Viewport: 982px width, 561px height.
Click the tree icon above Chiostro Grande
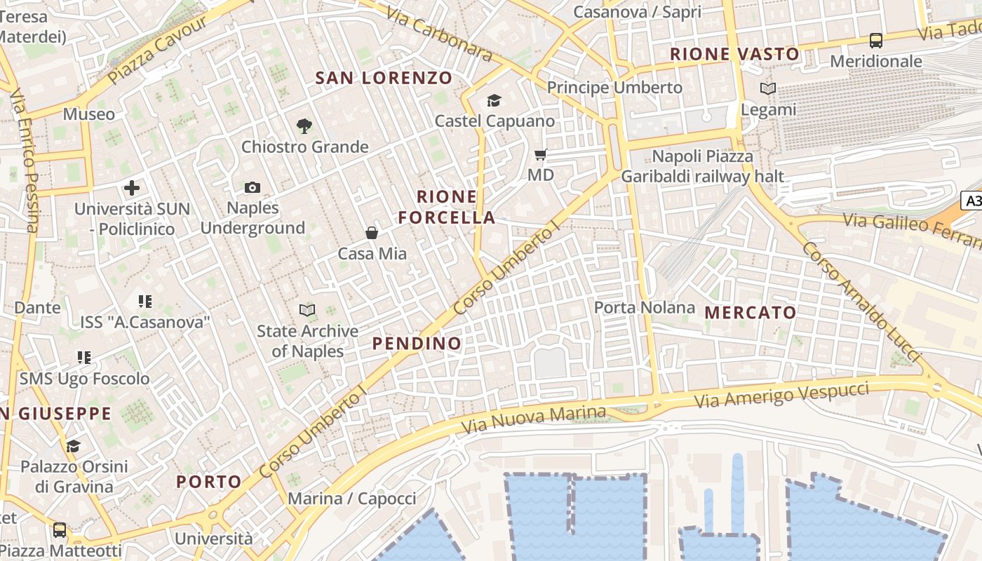[304, 126]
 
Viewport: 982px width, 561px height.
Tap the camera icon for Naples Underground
[253, 187]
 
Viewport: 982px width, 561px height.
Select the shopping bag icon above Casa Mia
[372, 233]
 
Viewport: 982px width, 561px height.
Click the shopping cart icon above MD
[540, 154]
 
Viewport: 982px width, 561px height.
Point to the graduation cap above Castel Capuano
[495, 101]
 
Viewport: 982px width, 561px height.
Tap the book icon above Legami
[769, 89]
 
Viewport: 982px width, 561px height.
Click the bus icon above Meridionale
[876, 41]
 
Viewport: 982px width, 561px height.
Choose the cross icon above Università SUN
[132, 188]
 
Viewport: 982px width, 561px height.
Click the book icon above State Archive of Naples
[307, 310]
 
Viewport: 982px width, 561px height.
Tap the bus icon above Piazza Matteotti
[60, 530]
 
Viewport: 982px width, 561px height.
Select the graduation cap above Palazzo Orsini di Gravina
[74, 446]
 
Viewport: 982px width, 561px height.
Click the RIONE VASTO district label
[734, 54]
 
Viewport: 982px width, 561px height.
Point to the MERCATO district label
[751, 313]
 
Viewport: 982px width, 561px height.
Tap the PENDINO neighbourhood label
[417, 344]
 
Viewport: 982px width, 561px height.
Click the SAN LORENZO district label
[384, 78]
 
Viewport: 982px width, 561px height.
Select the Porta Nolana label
[644, 307]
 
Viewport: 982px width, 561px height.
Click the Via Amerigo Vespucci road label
[782, 396]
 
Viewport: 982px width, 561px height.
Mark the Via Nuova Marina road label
[533, 419]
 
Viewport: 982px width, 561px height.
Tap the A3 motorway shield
[974, 201]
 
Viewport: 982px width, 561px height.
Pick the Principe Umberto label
[614, 88]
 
